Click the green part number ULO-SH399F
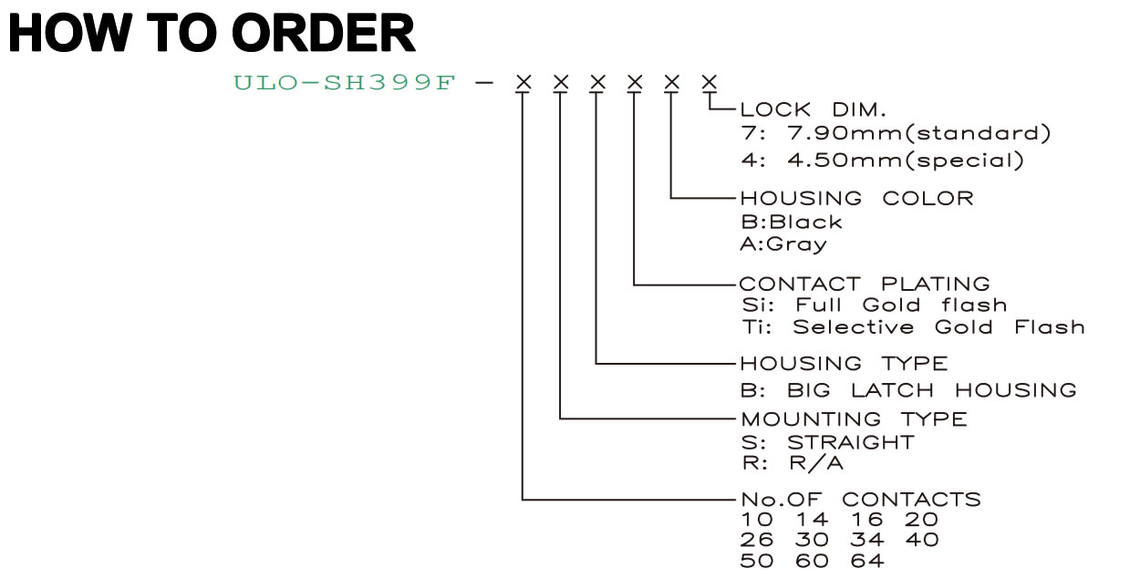pyautogui.click(x=344, y=82)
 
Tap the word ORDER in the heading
pyautogui.click(x=324, y=33)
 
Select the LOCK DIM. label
pyautogui.click(x=813, y=110)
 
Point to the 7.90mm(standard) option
pyautogui.click(x=919, y=133)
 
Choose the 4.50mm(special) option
pyautogui.click(x=906, y=160)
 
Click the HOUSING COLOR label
pyautogui.click(x=856, y=198)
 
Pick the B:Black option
pyautogui.click(x=792, y=222)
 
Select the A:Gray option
pyautogui.click(x=783, y=244)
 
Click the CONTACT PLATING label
pyautogui.click(x=865, y=284)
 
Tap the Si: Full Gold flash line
pyautogui.click(x=875, y=305)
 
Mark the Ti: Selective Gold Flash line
pyautogui.click(x=913, y=326)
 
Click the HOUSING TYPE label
pyautogui.click(x=844, y=363)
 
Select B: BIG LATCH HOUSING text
pyautogui.click(x=908, y=390)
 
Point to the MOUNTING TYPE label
pyautogui.click(x=854, y=419)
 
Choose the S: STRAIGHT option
pyautogui.click(x=827, y=442)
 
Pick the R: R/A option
pyautogui.click(x=793, y=463)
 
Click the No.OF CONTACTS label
pyautogui.click(x=861, y=500)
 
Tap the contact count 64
pyautogui.click(x=867, y=561)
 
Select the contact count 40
pyautogui.click(x=922, y=539)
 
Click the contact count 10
pyautogui.click(x=757, y=520)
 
